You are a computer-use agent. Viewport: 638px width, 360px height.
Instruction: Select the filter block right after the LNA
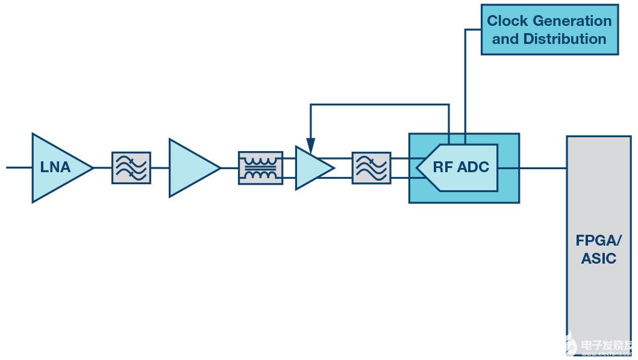131,167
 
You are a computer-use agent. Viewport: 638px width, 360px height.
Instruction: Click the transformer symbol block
260,168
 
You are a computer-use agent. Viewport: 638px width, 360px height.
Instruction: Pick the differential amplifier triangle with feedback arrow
311,168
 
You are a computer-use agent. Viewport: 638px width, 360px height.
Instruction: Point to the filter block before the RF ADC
371,168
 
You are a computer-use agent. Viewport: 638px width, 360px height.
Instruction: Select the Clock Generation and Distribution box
549,29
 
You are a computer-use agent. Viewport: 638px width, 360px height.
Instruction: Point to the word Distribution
565,39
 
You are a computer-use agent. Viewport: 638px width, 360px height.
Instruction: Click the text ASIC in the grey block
598,259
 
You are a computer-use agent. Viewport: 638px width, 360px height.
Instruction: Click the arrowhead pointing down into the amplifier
310,146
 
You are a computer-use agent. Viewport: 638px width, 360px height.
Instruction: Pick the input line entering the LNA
18,167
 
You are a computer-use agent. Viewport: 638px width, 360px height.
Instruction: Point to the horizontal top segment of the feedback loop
380,105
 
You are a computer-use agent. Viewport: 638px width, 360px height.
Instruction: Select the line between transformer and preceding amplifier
230,168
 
